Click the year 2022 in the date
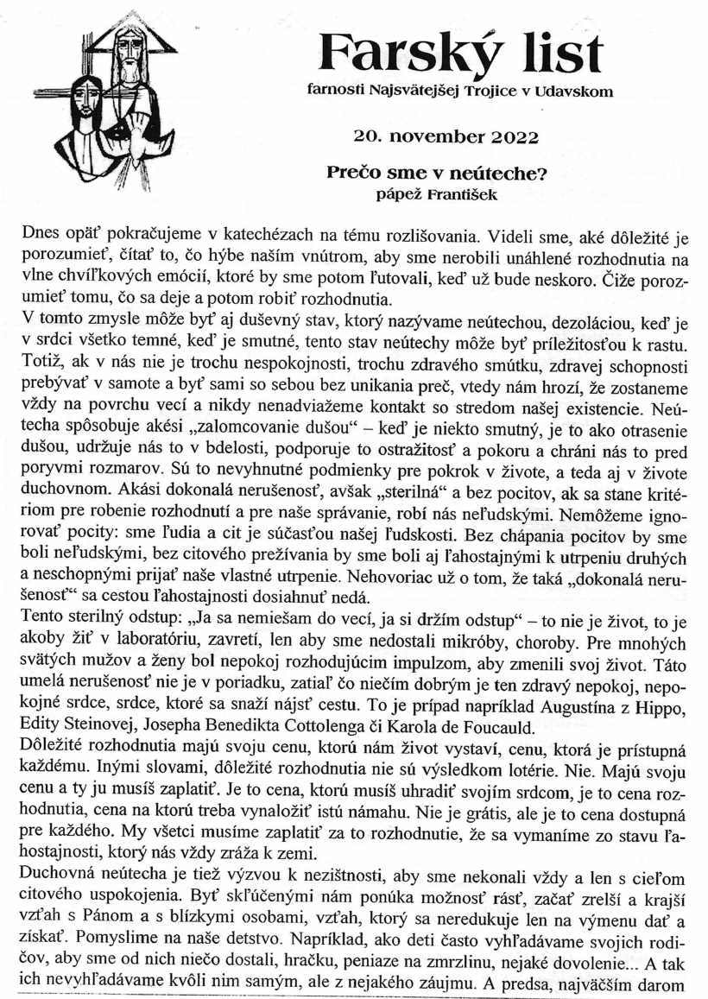tap(509, 136)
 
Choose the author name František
tap(466, 193)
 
